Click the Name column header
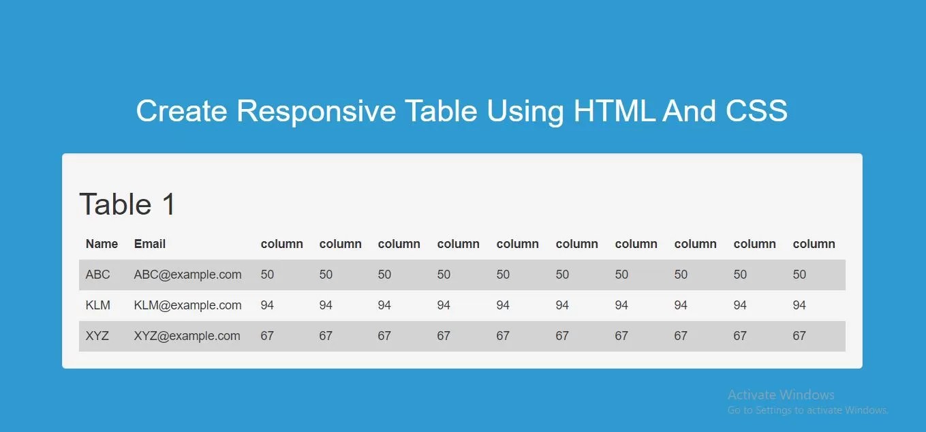[x=102, y=244]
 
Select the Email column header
[x=150, y=244]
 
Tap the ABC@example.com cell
[x=187, y=275]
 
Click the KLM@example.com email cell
[x=187, y=305]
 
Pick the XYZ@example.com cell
[x=187, y=336]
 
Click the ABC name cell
[x=97, y=275]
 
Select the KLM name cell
[x=98, y=305]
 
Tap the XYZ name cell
[x=97, y=336]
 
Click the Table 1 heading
[x=127, y=204]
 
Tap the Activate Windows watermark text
[x=781, y=395]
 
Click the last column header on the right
[x=814, y=244]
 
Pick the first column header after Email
[x=281, y=244]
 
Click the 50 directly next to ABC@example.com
[x=267, y=275]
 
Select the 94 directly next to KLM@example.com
[x=267, y=305]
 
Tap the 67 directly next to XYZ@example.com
[x=267, y=336]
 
